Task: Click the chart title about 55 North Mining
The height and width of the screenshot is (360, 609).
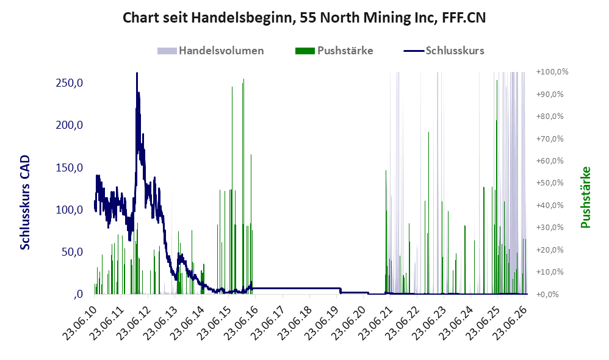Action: (304, 18)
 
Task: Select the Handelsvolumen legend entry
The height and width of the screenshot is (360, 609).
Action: (211, 51)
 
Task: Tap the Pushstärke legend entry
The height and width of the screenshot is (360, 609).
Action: (334, 51)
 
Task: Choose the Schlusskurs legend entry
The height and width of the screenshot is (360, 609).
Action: (444, 51)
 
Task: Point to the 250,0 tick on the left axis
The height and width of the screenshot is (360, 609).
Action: (70, 83)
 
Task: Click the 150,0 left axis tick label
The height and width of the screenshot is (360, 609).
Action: (70, 167)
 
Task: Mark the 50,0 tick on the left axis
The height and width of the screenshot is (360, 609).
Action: (72, 252)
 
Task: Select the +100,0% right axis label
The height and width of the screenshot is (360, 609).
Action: (552, 72)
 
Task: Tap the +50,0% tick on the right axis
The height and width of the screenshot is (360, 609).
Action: (550, 183)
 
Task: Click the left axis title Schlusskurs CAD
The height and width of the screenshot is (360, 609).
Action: (24, 203)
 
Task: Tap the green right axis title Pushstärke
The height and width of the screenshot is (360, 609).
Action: (586, 197)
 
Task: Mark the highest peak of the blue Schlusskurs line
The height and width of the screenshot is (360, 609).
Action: (137, 73)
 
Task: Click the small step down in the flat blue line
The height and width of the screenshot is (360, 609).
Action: (341, 290)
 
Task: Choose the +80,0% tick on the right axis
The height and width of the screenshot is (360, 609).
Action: (550, 116)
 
